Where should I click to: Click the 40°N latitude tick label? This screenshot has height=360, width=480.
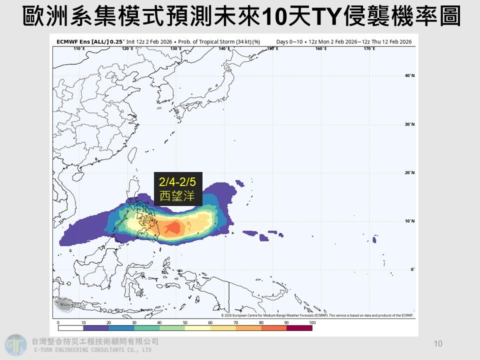[409, 76]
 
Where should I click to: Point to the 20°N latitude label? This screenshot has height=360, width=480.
[409, 173]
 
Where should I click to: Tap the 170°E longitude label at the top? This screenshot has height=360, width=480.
[369, 48]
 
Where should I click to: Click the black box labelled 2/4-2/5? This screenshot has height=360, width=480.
[177, 189]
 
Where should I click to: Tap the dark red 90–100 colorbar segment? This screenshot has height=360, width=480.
[299, 328]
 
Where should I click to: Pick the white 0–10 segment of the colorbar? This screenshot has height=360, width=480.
[70, 328]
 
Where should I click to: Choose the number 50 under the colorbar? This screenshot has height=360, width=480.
[185, 322]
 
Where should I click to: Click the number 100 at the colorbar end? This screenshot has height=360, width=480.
[312, 322]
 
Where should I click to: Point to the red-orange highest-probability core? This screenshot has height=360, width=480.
[173, 228]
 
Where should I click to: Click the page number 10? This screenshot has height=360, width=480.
[438, 343]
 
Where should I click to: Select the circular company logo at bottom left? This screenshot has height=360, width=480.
[16, 345]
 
